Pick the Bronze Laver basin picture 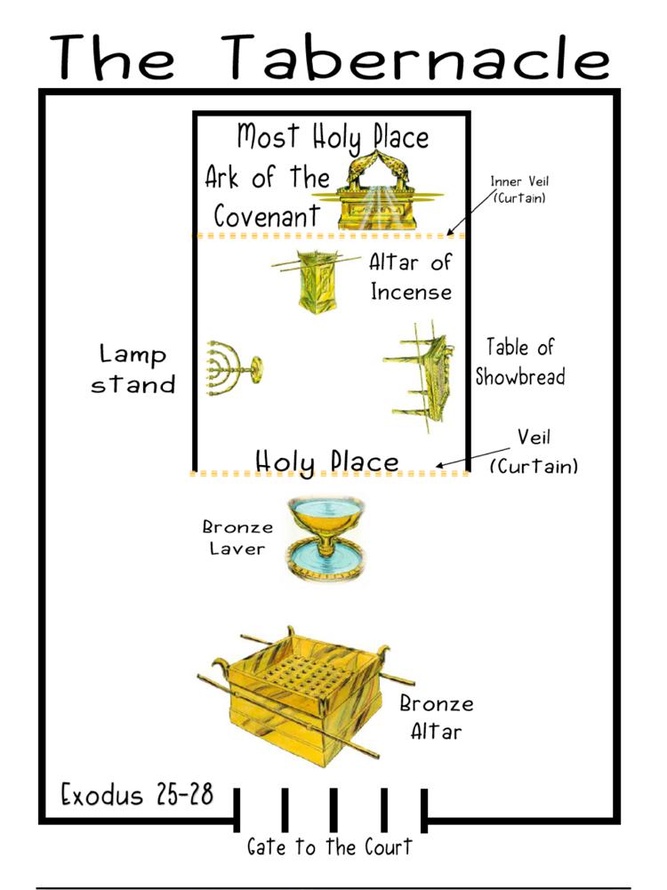pos(325,539)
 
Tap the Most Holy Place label pos(332,137)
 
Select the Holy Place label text pos(326,461)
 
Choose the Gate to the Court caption pos(330,846)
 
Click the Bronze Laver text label pos(237,538)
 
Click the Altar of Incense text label pos(411,276)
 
